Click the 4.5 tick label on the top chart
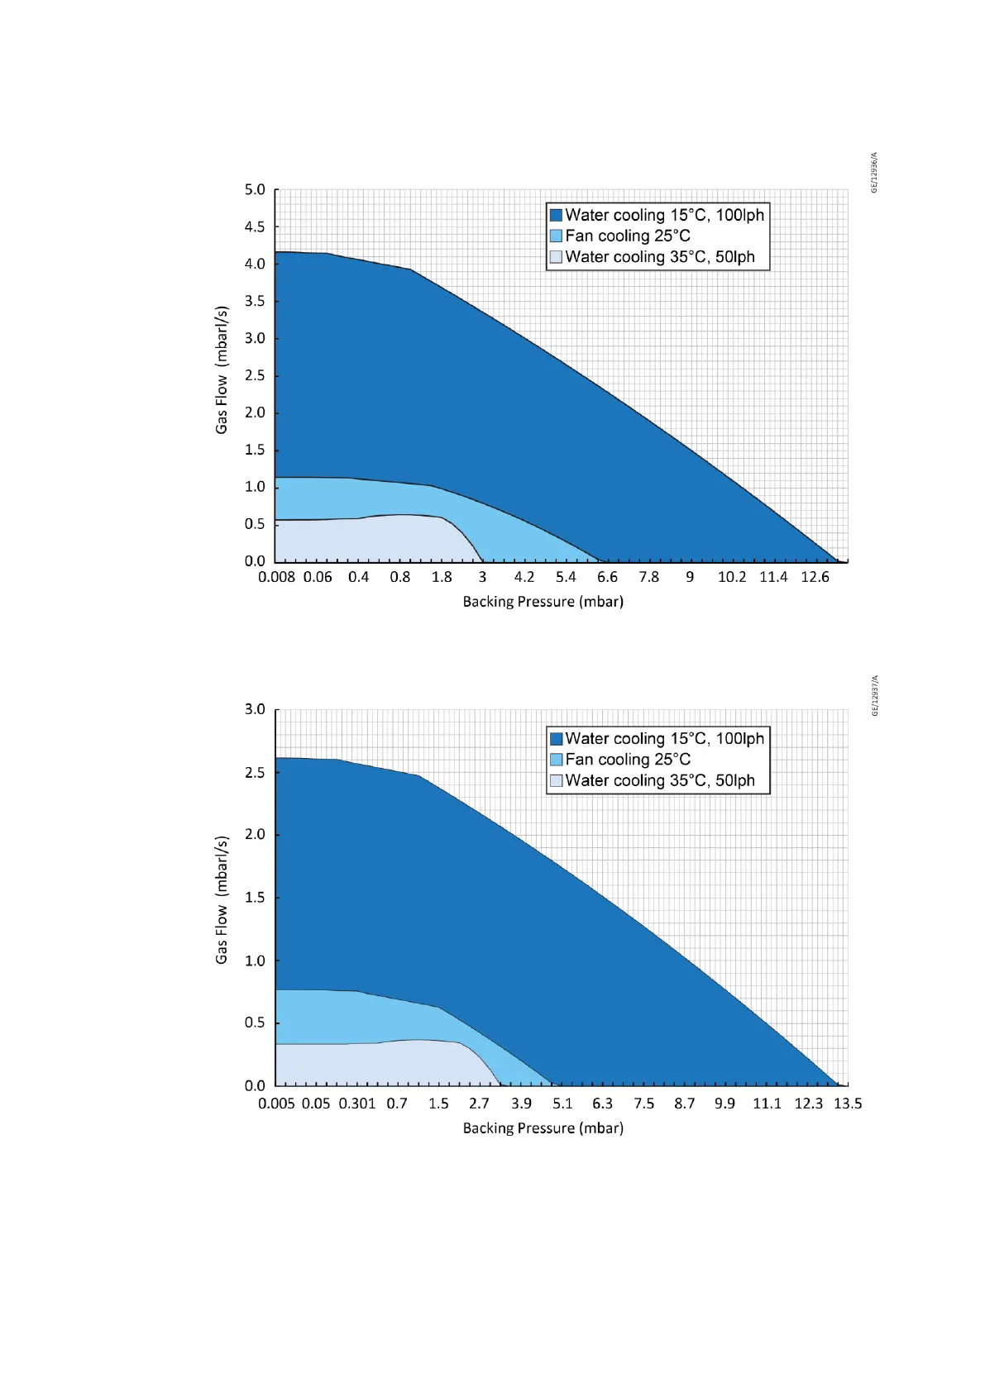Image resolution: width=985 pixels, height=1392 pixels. point(255,226)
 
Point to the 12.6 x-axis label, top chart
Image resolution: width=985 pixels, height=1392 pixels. point(815,577)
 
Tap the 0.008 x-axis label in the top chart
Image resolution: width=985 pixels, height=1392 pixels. point(276,577)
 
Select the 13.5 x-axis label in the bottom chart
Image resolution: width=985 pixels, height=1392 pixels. point(848,1104)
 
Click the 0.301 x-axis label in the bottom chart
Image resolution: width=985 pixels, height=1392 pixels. point(357,1104)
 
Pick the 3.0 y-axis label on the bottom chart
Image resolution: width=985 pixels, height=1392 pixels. point(255,709)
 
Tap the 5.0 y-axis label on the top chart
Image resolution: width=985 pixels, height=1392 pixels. point(255,190)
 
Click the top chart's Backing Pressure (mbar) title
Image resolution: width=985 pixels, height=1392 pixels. point(543,602)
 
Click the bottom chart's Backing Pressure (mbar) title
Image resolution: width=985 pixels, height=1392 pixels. point(543,1128)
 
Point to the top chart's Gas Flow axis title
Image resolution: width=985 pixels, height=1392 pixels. point(222,369)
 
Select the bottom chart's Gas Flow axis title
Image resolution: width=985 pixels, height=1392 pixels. point(222,899)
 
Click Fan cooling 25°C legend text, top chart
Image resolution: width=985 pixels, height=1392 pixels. point(628,236)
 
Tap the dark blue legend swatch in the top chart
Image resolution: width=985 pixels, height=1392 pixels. point(556,216)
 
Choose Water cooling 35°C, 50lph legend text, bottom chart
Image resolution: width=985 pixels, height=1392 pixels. point(660,781)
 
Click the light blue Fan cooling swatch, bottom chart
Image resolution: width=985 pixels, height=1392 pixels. point(556,760)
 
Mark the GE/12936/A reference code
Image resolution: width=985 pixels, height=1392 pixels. point(875,173)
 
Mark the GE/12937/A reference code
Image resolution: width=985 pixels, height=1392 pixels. point(875,696)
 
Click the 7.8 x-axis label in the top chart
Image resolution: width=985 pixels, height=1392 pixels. point(648,577)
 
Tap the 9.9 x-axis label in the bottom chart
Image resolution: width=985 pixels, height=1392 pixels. point(724,1104)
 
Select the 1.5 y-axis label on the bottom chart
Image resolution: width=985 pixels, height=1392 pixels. point(255,898)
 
